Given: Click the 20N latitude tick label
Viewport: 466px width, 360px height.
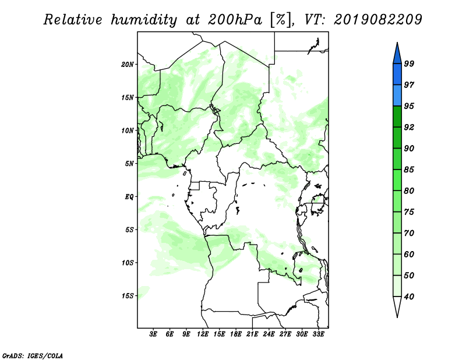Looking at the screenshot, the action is coord(128,65).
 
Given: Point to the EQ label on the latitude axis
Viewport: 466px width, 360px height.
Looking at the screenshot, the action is coord(129,197).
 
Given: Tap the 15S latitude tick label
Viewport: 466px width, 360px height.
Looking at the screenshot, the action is coord(128,296).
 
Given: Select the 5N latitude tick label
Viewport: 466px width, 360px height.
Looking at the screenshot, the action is coord(129,164).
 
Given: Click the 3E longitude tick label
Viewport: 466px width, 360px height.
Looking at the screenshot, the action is coord(153,334).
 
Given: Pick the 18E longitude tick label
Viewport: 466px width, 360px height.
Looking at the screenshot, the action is coord(236,334).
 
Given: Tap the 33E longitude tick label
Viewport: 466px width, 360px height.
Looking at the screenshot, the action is coord(318,334).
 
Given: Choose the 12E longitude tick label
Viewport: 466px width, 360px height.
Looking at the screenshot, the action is coord(203,334).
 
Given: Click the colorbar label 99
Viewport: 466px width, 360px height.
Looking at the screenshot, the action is coord(409,63).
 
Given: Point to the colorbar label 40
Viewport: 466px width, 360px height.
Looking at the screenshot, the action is coord(409,297).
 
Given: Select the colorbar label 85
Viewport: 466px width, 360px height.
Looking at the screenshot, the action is coord(409,170).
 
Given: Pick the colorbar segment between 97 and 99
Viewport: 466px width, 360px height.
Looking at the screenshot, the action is coord(397,75).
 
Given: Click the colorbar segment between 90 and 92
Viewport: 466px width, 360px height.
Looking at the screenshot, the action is coord(397,137).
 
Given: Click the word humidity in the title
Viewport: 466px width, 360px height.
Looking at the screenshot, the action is coord(144,20).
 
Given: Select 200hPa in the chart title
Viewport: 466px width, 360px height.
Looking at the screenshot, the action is coord(235,20).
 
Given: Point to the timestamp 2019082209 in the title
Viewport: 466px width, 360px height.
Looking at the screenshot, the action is coord(378,20).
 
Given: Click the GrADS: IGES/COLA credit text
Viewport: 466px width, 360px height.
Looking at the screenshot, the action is coord(33,355).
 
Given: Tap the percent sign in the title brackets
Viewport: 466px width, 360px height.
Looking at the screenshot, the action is coord(281,20).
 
